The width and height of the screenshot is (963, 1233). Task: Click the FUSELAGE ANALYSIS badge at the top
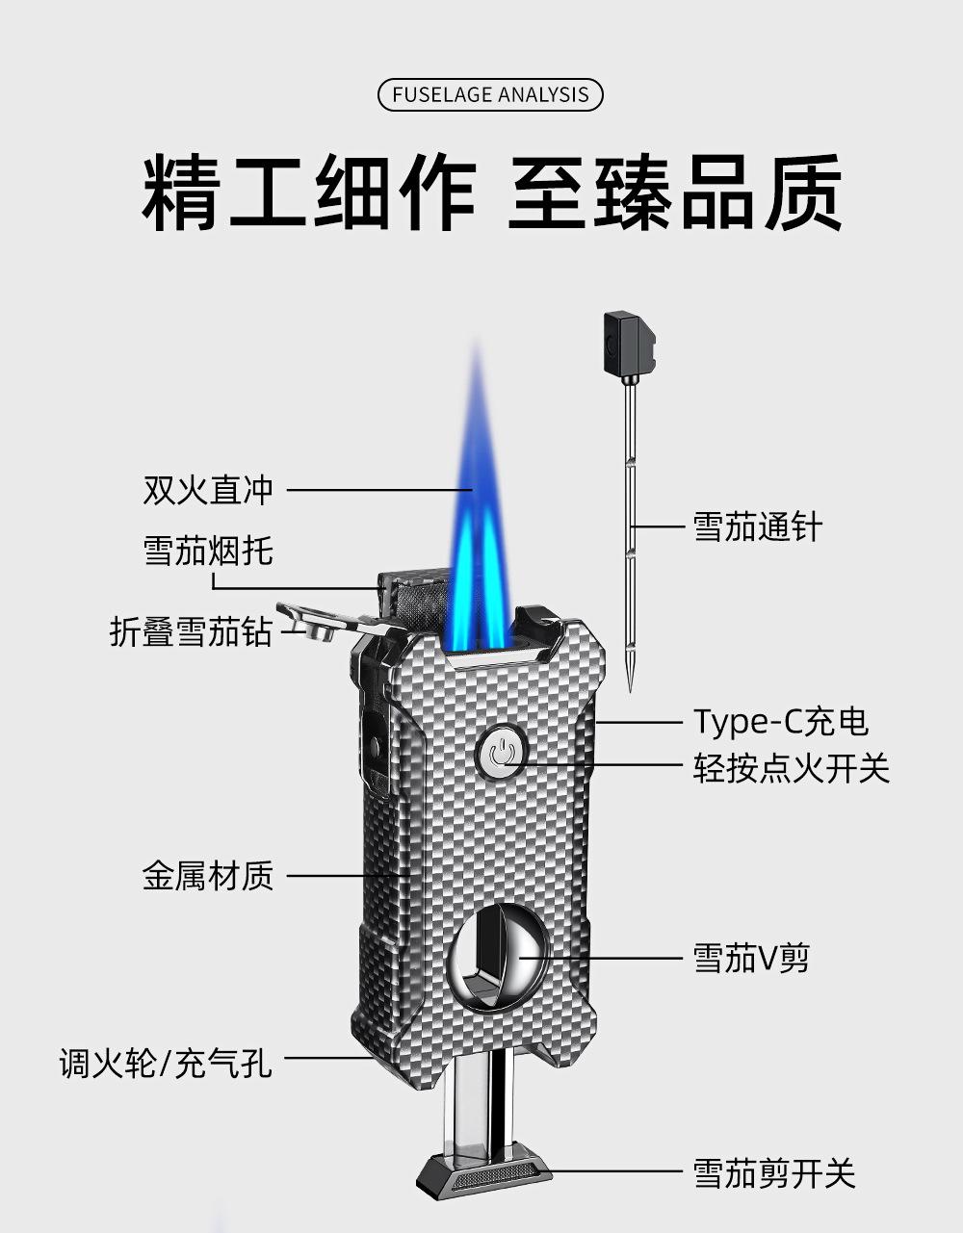point(490,95)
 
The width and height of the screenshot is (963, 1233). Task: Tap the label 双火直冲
point(208,490)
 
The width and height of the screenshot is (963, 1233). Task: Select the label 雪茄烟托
point(208,551)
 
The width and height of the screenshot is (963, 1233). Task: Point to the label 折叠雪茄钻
point(191,632)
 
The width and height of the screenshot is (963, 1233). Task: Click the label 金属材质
point(208,876)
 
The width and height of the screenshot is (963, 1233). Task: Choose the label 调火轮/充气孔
point(166,1064)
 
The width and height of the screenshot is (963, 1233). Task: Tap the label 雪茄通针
point(758,527)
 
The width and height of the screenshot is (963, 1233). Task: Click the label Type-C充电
point(781,721)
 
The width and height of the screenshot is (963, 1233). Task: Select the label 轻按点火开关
point(792,768)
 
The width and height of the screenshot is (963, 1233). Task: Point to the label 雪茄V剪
point(752,959)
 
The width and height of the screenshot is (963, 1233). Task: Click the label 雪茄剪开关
point(774,1173)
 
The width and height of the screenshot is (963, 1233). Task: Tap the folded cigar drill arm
point(318,622)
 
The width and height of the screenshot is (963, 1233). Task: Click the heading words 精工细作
point(309,193)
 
